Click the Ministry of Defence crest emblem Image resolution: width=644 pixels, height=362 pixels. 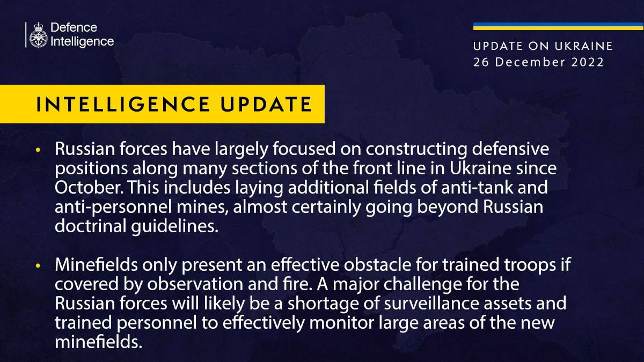(x=38, y=35)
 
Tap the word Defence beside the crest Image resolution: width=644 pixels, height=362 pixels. (x=74, y=27)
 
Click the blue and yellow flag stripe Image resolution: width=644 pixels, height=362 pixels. (x=558, y=26)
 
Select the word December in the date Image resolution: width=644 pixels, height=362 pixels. (x=530, y=62)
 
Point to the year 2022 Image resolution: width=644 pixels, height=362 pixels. (x=587, y=62)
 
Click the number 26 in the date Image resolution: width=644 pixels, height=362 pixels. (x=481, y=62)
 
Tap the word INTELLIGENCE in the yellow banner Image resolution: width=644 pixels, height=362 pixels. (x=123, y=104)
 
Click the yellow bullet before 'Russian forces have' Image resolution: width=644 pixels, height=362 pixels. (x=38, y=150)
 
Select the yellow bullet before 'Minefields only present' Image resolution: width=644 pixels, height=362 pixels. (x=38, y=266)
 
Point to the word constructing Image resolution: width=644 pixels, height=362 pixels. (x=416, y=150)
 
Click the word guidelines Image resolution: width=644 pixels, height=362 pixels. (x=175, y=226)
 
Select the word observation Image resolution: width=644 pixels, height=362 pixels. (x=195, y=284)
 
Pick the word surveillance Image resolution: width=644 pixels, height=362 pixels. (x=426, y=304)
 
